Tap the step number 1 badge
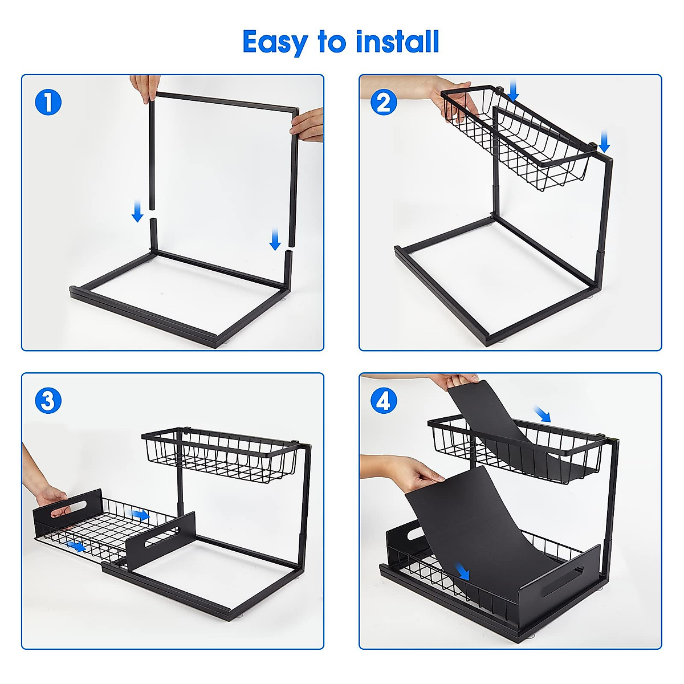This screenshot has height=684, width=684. pyautogui.click(x=48, y=103)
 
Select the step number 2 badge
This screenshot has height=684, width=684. pyautogui.click(x=384, y=103)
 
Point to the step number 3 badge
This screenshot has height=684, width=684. pyautogui.click(x=48, y=401)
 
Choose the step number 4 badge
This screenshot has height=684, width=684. pyautogui.click(x=384, y=401)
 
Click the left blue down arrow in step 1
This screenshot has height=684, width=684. pyautogui.click(x=137, y=211)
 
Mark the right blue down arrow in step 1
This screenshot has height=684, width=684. pyautogui.click(x=275, y=239)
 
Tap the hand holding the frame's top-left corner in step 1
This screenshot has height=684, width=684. pyautogui.click(x=143, y=88)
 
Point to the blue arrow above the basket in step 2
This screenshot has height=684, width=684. pyautogui.click(x=514, y=91)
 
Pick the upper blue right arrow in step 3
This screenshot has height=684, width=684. pyautogui.click(x=140, y=515)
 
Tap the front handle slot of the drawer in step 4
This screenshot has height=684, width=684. pyautogui.click(x=561, y=581)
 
